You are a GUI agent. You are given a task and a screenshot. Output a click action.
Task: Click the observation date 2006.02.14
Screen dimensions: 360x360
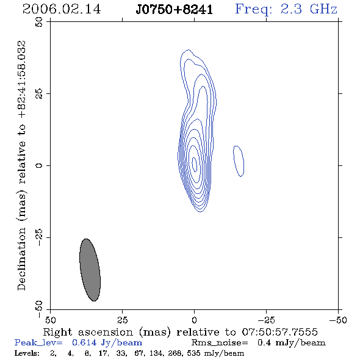tap(62, 9)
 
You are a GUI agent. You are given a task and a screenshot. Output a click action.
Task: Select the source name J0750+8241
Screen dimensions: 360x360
tap(175, 10)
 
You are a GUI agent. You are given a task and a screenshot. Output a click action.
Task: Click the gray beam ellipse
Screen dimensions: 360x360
tap(90, 270)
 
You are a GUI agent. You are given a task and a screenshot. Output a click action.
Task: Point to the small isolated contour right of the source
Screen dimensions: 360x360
tap(239, 161)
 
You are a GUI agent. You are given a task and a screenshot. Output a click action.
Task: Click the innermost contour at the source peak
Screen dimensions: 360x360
tap(195, 164)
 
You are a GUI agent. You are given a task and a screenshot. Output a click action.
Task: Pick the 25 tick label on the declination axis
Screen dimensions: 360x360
tap(39, 94)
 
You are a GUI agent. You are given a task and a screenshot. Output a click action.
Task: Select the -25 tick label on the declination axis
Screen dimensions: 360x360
tap(39, 237)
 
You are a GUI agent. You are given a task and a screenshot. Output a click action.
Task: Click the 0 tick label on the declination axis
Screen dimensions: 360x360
tap(39, 165)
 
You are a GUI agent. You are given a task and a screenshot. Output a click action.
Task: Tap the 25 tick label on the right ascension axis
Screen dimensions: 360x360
tap(123, 320)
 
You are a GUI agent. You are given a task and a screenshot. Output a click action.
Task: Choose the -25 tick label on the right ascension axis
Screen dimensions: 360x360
tap(266, 320)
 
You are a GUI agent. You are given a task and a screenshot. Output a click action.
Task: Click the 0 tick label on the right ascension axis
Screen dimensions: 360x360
tap(195, 320)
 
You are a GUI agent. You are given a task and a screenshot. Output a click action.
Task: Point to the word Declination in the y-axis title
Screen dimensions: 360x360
tap(21, 259)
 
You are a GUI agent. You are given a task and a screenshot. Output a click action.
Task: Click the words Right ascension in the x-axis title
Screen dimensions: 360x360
tap(88, 332)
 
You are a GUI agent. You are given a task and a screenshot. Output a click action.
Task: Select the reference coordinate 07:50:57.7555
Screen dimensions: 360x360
tap(279, 332)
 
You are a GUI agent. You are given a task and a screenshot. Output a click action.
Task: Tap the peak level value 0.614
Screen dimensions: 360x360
tap(84, 342)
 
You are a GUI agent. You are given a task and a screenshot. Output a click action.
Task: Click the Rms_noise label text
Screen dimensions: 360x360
tap(220, 343)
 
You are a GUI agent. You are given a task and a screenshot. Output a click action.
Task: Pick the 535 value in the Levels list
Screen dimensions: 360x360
tap(194, 353)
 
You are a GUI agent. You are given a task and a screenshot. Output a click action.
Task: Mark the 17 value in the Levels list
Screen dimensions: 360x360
tap(103, 353)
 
